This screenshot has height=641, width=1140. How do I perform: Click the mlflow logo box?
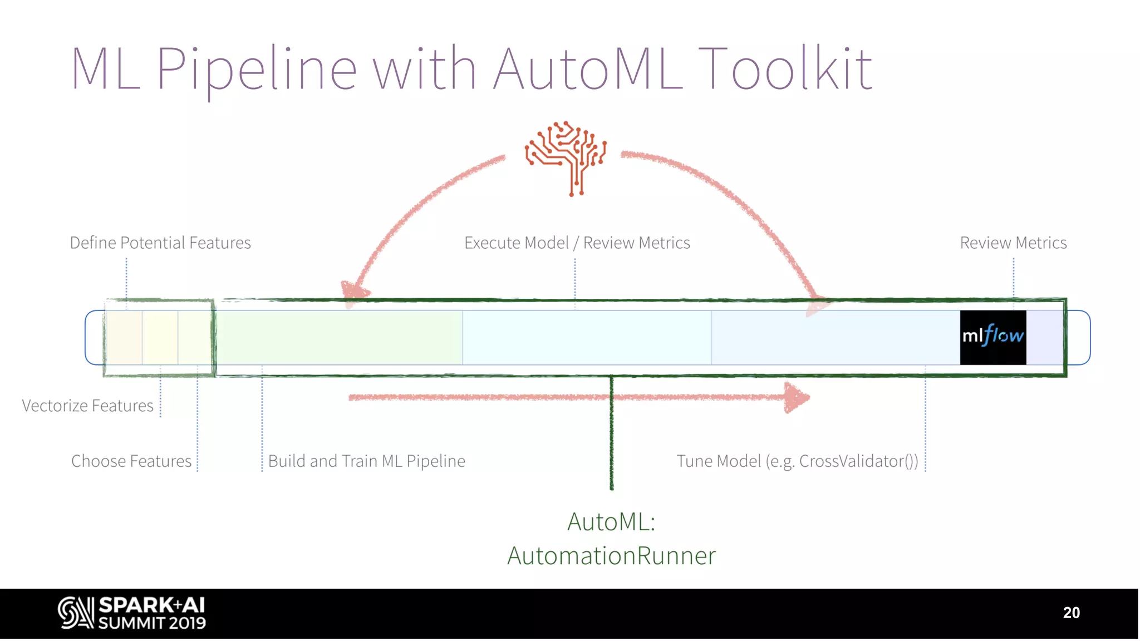(x=992, y=337)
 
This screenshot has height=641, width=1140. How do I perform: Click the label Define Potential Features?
(x=160, y=243)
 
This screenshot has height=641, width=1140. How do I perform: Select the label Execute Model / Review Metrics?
(x=577, y=243)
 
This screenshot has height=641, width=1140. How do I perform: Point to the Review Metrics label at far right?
(x=1013, y=243)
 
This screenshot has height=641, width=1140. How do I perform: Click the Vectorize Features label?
(x=87, y=406)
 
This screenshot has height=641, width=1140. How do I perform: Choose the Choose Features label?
(x=131, y=461)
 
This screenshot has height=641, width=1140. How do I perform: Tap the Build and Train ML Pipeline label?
(x=366, y=461)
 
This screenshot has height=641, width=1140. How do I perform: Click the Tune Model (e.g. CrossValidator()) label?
(x=797, y=461)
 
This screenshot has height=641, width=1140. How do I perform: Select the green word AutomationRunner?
(x=611, y=556)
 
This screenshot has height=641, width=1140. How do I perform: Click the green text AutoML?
(x=611, y=522)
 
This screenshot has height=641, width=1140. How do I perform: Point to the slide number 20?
(x=1071, y=613)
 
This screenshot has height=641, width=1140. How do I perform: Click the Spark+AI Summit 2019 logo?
(x=132, y=613)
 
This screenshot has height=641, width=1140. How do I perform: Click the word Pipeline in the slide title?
(x=256, y=70)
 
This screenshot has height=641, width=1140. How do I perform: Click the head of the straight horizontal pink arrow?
(x=796, y=397)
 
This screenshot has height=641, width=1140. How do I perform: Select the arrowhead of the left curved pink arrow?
(x=353, y=292)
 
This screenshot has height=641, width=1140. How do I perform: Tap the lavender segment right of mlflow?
(x=1044, y=337)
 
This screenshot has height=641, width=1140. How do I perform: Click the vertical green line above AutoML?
(x=611, y=434)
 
